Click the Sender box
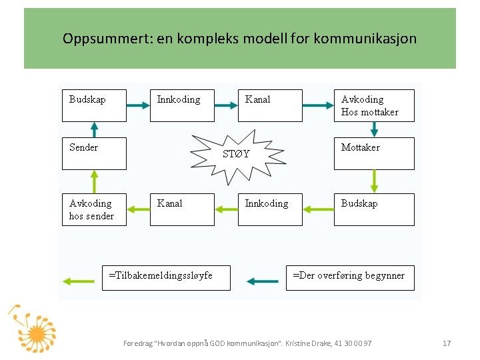click(94, 153)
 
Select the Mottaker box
click(374, 153)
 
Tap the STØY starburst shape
click(236, 153)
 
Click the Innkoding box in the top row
click(182, 105)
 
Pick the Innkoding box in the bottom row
click(270, 209)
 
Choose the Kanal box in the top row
click(270, 105)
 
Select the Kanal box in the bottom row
click(182, 209)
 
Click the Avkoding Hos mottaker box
click(374, 105)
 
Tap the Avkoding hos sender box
click(94, 209)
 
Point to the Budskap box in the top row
click(94, 105)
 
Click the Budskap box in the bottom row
click(374, 209)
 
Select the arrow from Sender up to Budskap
click(94, 129)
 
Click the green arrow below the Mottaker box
click(374, 181)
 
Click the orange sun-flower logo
click(33, 330)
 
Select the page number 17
click(447, 343)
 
